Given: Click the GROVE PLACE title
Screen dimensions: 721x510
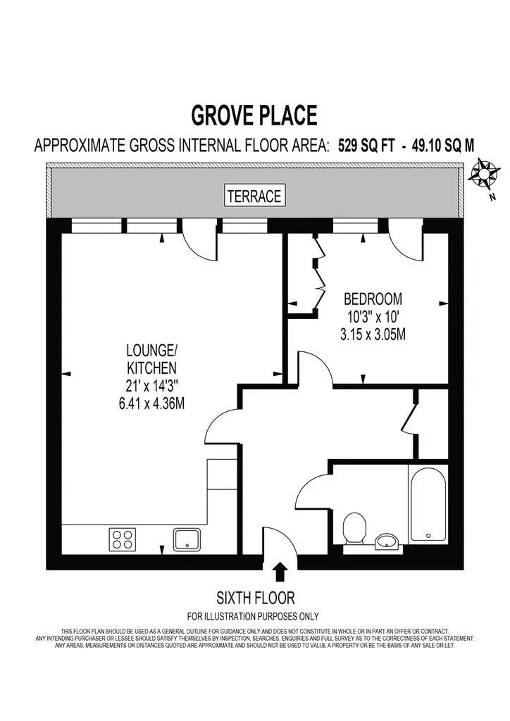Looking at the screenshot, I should point(254,114).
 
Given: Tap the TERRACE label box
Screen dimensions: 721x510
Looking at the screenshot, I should point(255,196).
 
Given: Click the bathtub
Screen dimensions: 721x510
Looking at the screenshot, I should point(428,503).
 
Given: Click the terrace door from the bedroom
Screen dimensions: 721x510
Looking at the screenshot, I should point(406,242).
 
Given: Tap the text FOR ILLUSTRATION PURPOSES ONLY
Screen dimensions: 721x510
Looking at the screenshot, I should point(254,615).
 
